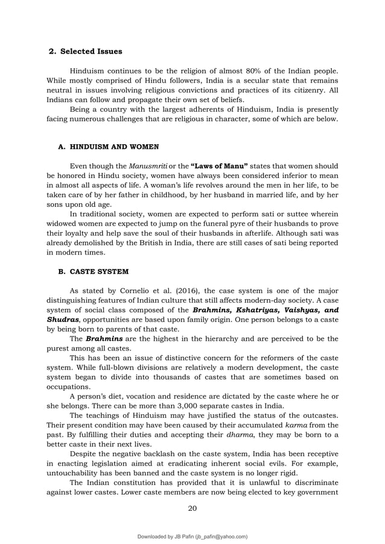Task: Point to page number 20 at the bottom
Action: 192,508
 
